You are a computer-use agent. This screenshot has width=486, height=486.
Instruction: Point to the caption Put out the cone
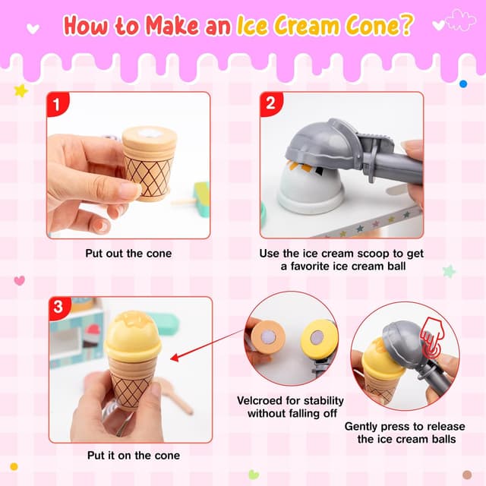point(128,253)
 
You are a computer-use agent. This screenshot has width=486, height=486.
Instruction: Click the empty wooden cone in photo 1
point(150,163)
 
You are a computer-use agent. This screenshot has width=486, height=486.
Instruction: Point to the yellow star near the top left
point(21,90)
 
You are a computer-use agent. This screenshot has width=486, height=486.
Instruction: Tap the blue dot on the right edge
point(462,84)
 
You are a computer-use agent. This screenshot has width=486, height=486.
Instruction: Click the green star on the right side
point(449,270)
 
